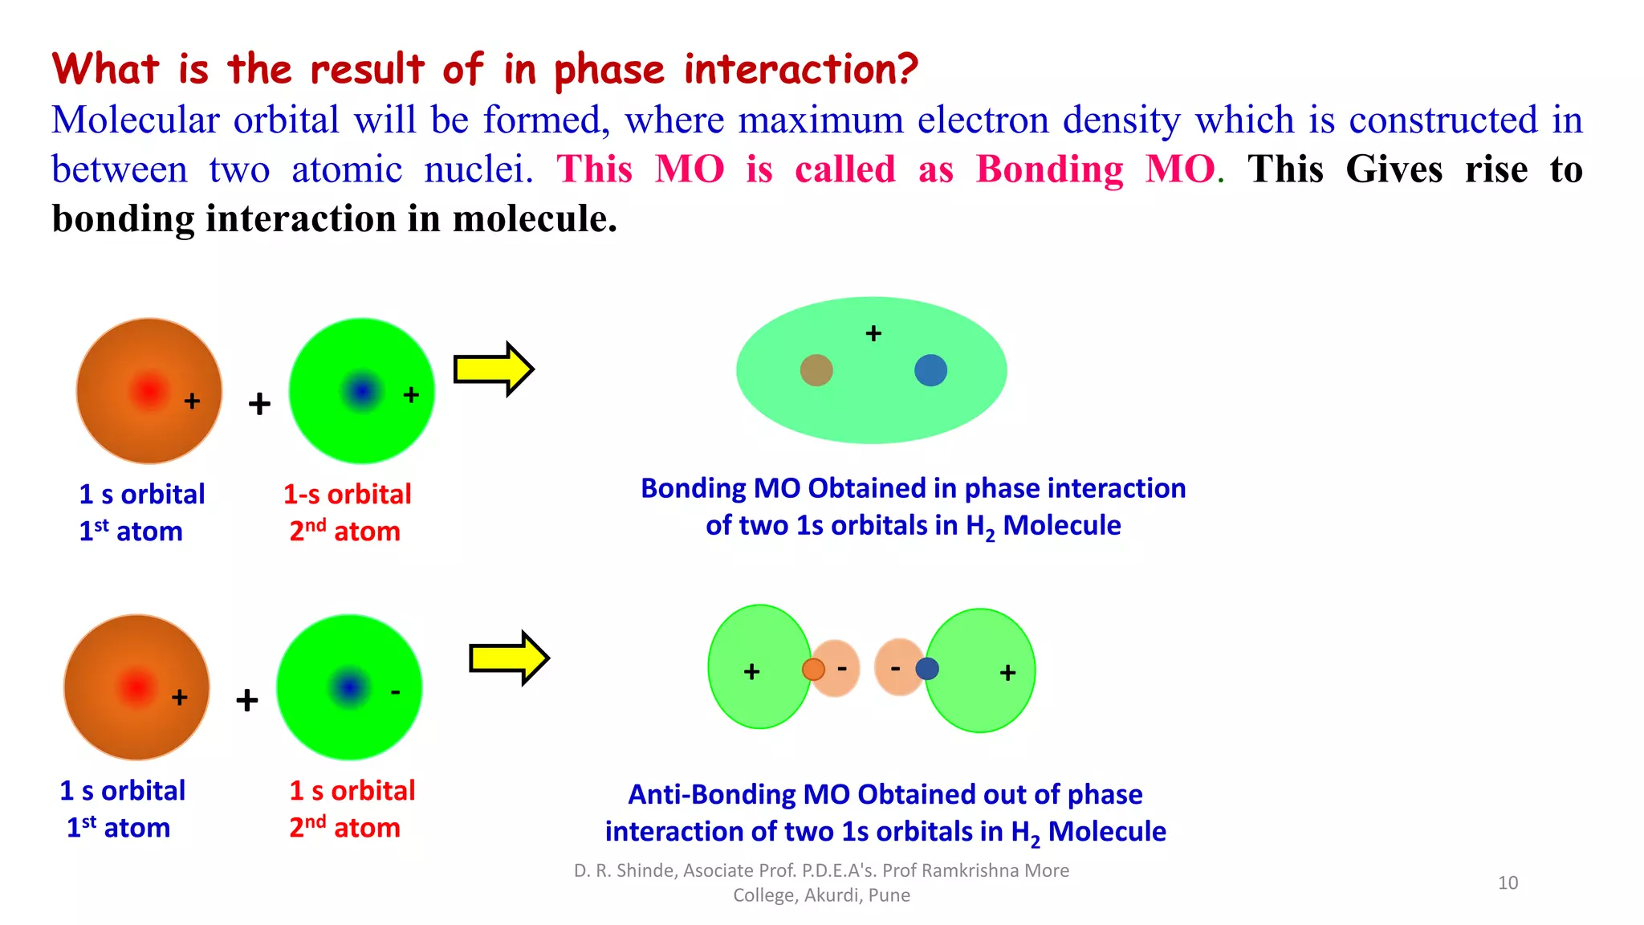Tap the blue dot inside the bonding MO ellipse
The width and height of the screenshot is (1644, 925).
930,370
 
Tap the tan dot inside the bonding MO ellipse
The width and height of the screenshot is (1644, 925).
816,370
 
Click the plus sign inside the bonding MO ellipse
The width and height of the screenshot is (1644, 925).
873,333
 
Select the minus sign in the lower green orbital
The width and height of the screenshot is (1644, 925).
395,692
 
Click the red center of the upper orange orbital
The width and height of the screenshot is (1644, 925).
149,391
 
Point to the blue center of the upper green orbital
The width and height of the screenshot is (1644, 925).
362,391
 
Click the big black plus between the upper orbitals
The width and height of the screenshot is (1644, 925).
258,404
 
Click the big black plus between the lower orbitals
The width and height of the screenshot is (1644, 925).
247,700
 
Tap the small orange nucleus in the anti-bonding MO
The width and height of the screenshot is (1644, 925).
813,669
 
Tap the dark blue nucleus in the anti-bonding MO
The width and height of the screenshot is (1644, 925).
927,668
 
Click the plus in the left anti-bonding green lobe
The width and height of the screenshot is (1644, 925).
751,671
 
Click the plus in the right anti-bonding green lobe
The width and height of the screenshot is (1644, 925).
1008,672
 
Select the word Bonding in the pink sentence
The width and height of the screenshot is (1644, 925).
1049,170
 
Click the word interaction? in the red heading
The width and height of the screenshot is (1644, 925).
800,69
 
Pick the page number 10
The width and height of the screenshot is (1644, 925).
1508,882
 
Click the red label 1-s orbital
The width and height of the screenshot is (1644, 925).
347,494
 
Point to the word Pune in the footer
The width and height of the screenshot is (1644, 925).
889,895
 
